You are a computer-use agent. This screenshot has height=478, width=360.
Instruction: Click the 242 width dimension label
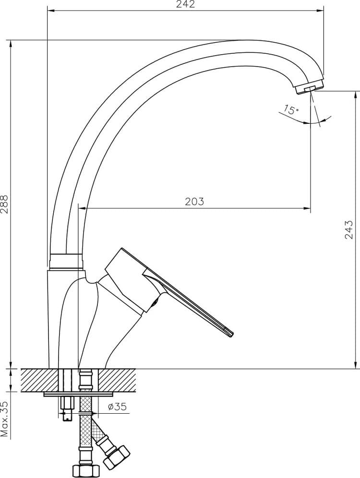pos(185,4)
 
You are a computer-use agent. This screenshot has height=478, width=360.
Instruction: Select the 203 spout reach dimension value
pos(194,202)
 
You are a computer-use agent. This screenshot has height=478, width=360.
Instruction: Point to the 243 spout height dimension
pos(349,229)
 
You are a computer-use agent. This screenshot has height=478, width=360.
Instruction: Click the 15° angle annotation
pos(291,109)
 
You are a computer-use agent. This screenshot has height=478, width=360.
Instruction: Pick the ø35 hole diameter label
pos(117,406)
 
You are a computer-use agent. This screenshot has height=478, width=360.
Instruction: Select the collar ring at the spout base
pos(66,261)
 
